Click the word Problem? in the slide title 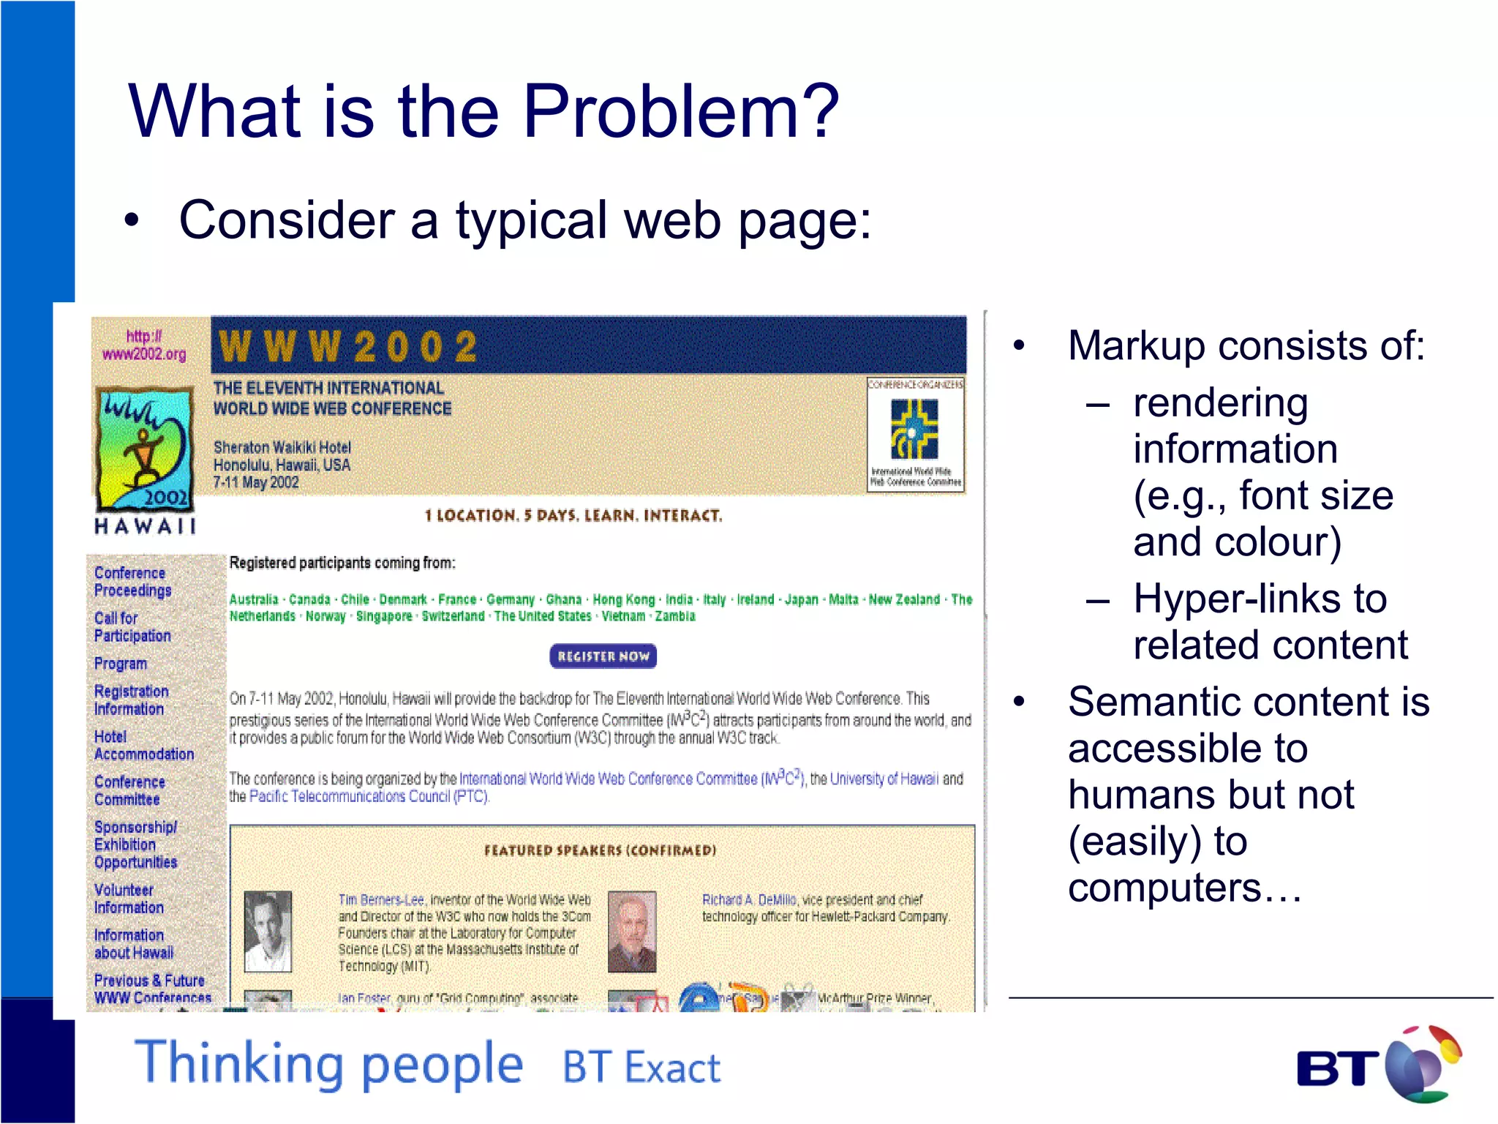tap(680, 111)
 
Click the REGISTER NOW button tap(603, 656)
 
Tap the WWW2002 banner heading tap(348, 346)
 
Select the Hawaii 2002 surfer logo tap(145, 449)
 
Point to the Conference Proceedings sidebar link tap(132, 582)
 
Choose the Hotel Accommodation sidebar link tap(143, 746)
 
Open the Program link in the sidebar tap(120, 664)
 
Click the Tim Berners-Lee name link tap(380, 899)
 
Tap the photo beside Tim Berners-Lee tap(267, 931)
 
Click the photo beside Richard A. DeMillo tap(632, 931)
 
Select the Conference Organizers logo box tap(915, 435)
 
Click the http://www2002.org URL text tap(144, 345)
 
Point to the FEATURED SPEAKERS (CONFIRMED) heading tap(600, 850)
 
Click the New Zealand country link tap(904, 599)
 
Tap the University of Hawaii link tap(884, 779)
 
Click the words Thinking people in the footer tap(329, 1064)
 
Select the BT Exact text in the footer tap(641, 1067)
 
